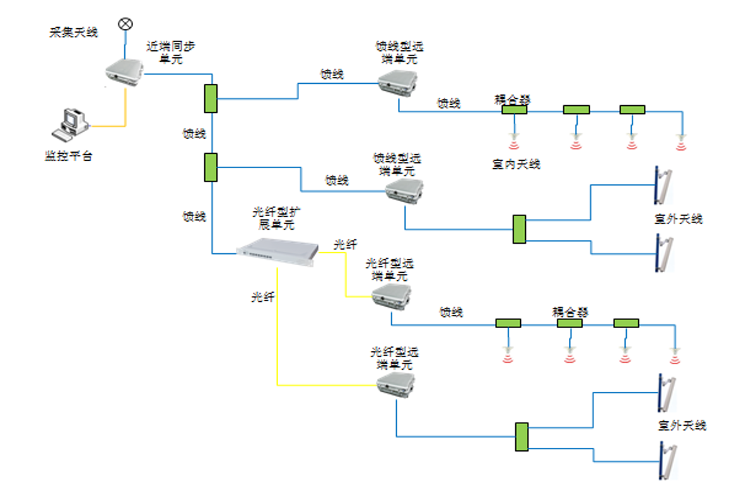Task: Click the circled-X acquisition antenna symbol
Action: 125,24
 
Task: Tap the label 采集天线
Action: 74,33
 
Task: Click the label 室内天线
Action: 516,164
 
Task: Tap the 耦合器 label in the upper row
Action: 513,100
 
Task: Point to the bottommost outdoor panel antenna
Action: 665,460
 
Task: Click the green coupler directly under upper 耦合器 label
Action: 514,110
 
